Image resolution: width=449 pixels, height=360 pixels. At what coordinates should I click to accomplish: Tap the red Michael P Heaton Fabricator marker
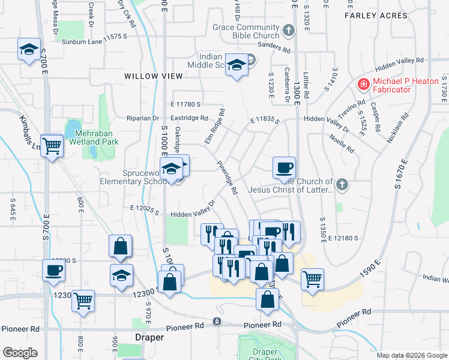click(363, 85)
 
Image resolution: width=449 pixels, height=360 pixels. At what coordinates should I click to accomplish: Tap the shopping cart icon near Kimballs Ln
click(53, 145)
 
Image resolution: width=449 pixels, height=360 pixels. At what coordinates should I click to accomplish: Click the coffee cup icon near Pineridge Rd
click(284, 168)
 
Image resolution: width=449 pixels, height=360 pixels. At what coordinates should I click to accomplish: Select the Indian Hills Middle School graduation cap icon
click(237, 66)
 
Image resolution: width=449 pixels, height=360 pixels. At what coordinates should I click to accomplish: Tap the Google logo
click(20, 353)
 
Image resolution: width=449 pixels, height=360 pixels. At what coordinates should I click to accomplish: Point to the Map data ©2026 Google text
click(411, 355)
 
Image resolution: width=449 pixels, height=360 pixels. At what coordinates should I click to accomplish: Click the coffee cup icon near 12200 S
click(53, 271)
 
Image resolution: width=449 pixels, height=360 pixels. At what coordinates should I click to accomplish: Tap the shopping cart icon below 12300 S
click(83, 301)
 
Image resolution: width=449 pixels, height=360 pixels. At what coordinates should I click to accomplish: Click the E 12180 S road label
click(343, 238)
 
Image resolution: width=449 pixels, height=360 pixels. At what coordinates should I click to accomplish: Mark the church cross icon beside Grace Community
click(289, 29)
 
